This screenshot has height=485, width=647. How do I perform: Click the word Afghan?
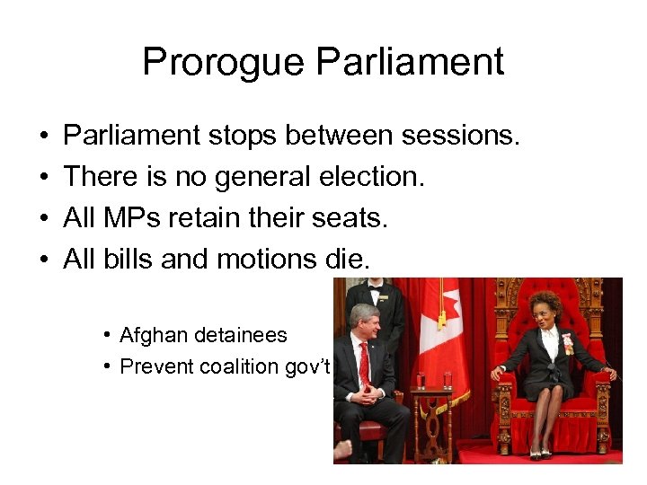coord(147,335)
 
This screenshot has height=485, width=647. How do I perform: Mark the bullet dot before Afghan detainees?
coord(106,335)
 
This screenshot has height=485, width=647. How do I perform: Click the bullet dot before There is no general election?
coord(44,177)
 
